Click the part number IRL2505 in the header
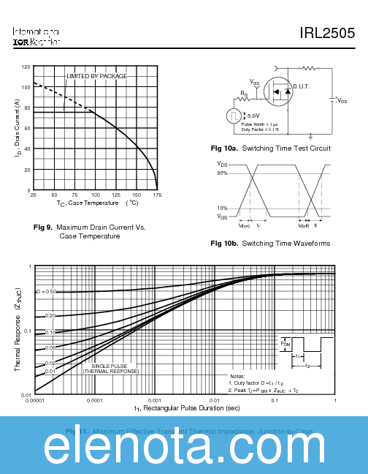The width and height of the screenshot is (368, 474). [x=327, y=33]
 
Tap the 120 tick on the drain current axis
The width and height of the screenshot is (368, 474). [x=26, y=67]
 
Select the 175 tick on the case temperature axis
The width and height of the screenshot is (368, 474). [x=157, y=195]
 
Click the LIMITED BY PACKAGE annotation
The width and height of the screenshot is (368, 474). [x=97, y=76]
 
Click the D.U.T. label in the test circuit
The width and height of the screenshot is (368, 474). [x=302, y=87]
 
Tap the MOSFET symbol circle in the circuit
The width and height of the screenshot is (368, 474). [x=278, y=91]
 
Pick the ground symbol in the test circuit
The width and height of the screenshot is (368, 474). [x=311, y=135]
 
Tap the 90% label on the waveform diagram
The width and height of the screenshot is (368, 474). [x=222, y=173]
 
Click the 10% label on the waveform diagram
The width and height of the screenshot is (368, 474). [x=222, y=208]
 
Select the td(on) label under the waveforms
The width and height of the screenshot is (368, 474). [x=244, y=225]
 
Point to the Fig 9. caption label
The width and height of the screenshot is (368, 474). [x=43, y=227]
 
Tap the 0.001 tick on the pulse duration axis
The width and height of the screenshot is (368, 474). [x=154, y=402]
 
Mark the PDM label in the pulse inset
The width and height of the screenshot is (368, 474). [x=285, y=342]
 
